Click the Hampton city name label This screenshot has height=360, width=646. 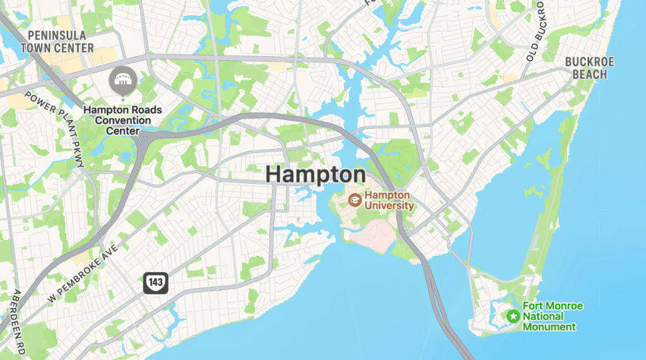pos(315,174)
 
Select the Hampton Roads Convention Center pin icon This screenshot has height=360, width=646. pos(121,80)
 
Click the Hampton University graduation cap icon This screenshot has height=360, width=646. pos(356,200)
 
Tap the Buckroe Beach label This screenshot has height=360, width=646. pos(589,68)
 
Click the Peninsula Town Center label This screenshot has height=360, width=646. pos(57,41)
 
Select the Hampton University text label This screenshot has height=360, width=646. pos(389,200)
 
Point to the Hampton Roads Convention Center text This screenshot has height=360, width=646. pos(123,120)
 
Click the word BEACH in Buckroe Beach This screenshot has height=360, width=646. pos(589,75)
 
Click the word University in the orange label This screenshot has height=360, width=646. pos(389,205)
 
